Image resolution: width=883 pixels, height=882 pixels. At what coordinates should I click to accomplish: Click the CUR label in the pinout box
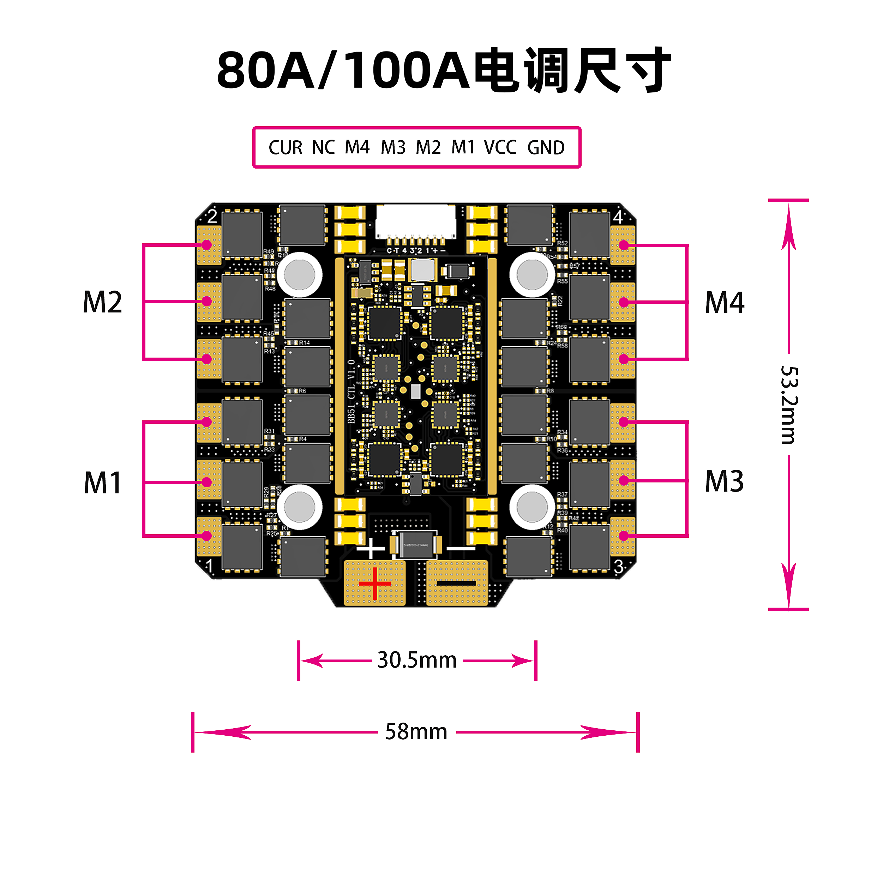pyautogui.click(x=285, y=147)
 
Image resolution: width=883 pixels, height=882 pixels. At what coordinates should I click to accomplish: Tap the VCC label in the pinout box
pyautogui.click(x=500, y=147)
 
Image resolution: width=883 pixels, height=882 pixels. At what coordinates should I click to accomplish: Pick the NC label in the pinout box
pyautogui.click(x=324, y=147)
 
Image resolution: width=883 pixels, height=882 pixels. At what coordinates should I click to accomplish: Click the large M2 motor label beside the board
pyautogui.click(x=102, y=302)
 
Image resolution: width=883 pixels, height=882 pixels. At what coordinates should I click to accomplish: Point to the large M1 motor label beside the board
pyautogui.click(x=102, y=483)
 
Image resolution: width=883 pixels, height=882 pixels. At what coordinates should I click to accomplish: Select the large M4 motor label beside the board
pyautogui.click(x=725, y=302)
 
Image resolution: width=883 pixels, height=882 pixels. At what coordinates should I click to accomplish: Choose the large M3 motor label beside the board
pyautogui.click(x=725, y=481)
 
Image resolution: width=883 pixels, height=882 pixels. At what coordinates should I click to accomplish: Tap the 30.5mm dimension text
pyautogui.click(x=417, y=660)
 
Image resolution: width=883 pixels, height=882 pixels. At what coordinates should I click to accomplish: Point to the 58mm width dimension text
pyautogui.click(x=416, y=732)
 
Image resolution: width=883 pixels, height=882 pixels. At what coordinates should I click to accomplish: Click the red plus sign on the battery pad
pyautogui.click(x=375, y=583)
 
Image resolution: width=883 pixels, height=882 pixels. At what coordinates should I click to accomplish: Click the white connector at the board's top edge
pyautogui.click(x=415, y=221)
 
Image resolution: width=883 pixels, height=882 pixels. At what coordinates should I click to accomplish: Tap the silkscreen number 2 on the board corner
pyautogui.click(x=212, y=216)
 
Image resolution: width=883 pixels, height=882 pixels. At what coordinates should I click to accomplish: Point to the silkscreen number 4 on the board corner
pyautogui.click(x=618, y=217)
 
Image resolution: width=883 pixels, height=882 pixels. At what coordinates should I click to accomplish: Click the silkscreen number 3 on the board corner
pyautogui.click(x=618, y=566)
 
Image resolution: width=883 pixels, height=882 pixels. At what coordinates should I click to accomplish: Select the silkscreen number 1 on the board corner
pyautogui.click(x=209, y=566)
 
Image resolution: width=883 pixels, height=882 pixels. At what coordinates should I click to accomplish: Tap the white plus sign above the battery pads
pyautogui.click(x=371, y=548)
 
